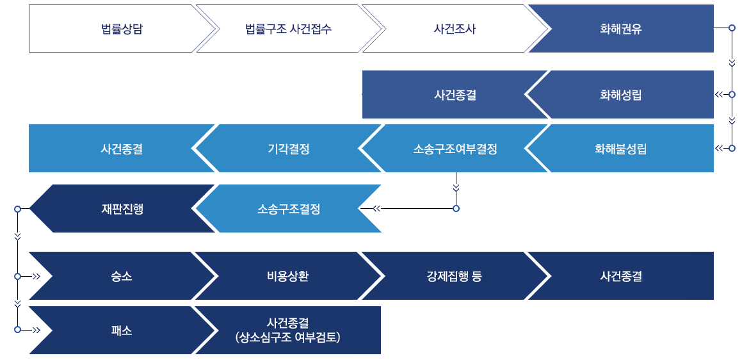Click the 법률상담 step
click(x=122, y=29)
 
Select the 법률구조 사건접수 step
click(x=289, y=29)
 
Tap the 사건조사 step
click(x=455, y=29)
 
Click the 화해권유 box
click(x=621, y=29)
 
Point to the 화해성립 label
click(x=621, y=95)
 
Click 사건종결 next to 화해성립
click(x=455, y=95)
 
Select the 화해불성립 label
click(x=620, y=149)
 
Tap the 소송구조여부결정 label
click(x=455, y=149)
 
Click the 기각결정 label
click(x=289, y=149)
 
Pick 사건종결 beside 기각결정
click(x=122, y=149)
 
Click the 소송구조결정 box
click(x=289, y=209)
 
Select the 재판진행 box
click(x=122, y=209)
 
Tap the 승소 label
click(x=122, y=276)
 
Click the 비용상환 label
click(x=288, y=276)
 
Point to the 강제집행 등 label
click(x=455, y=276)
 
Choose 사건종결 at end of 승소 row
click(x=621, y=276)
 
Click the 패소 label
click(x=122, y=331)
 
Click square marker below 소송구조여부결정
click(x=456, y=208)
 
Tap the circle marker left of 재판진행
click(x=18, y=209)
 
